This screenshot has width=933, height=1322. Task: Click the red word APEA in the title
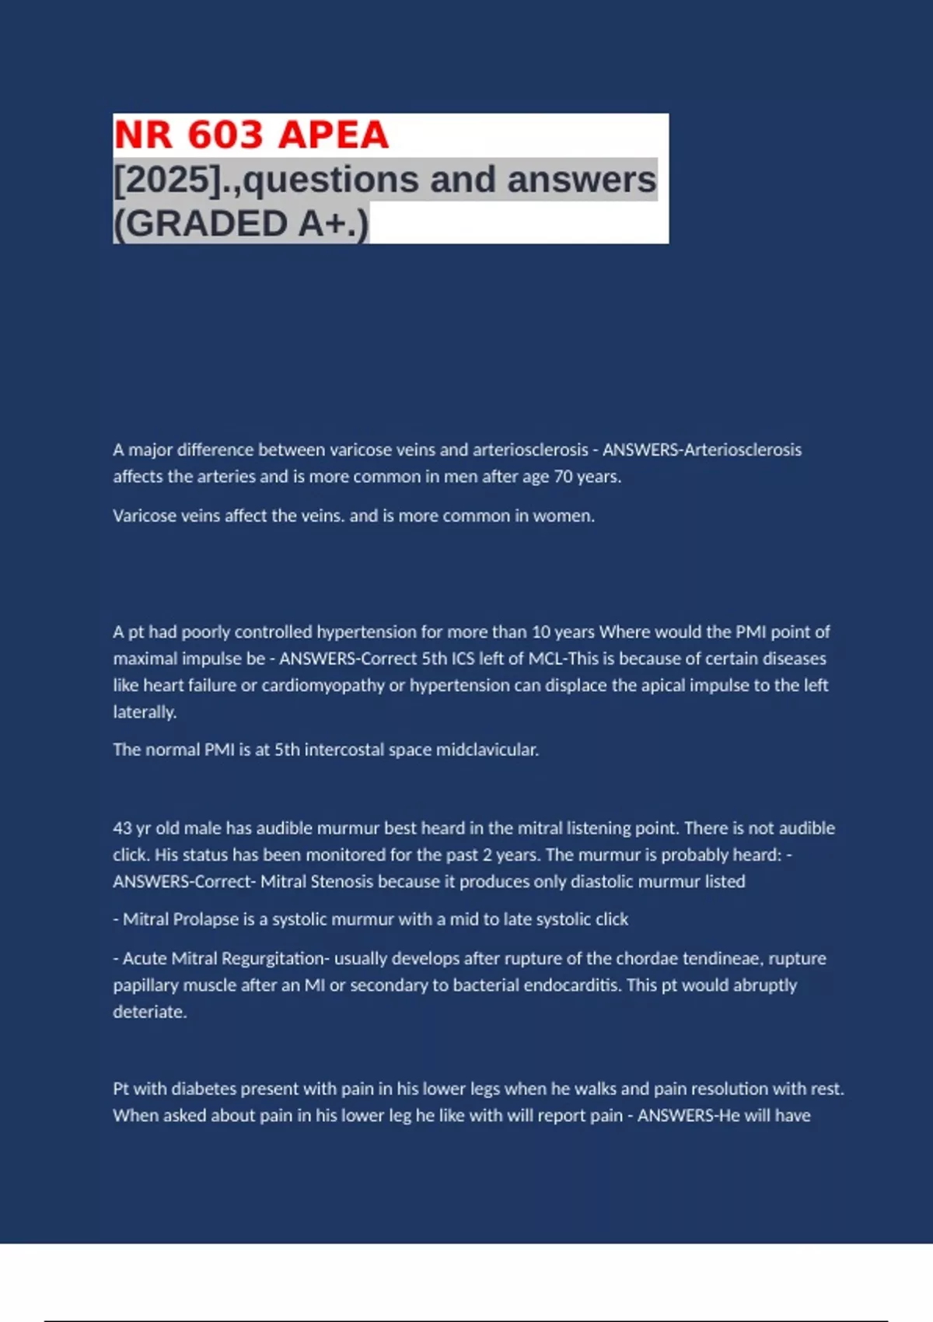click(x=333, y=135)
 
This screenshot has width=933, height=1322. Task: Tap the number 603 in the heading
click(x=225, y=135)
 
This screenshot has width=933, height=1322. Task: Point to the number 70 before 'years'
click(x=563, y=477)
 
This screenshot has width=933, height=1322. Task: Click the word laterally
click(x=145, y=712)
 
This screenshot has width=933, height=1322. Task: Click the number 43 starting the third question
click(x=122, y=828)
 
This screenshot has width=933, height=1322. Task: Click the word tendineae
click(x=715, y=958)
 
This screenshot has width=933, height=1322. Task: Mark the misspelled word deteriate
click(x=149, y=1012)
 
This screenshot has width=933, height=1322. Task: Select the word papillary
click(x=145, y=985)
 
